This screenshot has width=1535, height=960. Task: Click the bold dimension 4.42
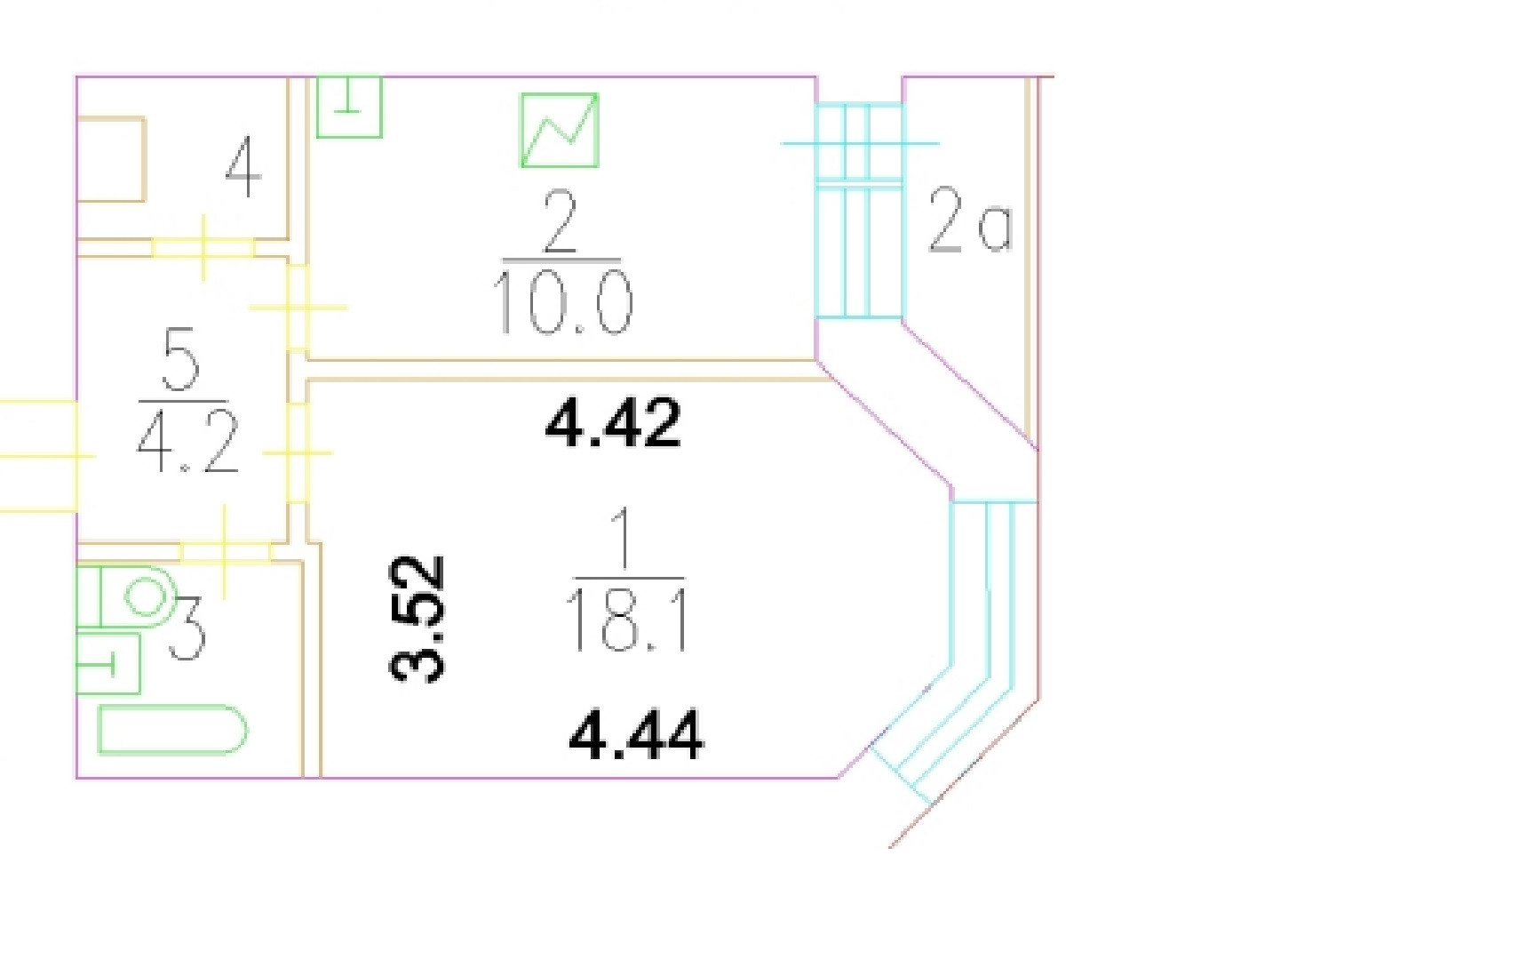pyautogui.click(x=613, y=423)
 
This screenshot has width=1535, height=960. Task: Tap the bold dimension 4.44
pyautogui.click(x=636, y=734)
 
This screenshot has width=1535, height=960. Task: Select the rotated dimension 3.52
pyautogui.click(x=418, y=619)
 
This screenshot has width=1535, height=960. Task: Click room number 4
pyautogui.click(x=243, y=169)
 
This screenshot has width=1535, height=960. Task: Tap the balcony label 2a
pyautogui.click(x=969, y=220)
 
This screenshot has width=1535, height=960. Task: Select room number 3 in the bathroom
pyautogui.click(x=187, y=628)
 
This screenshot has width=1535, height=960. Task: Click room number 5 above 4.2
pyautogui.click(x=181, y=358)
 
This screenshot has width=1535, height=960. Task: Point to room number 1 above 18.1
pyautogui.click(x=624, y=538)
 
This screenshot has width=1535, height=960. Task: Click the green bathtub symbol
pyautogui.click(x=171, y=730)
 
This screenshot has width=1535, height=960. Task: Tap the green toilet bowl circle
pyautogui.click(x=145, y=596)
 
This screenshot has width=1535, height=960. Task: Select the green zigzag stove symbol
pyautogui.click(x=560, y=131)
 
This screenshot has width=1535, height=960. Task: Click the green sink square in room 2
pyautogui.click(x=349, y=107)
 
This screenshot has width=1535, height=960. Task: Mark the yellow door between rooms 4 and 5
pyautogui.click(x=203, y=247)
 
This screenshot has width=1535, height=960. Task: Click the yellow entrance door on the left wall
pyautogui.click(x=40, y=455)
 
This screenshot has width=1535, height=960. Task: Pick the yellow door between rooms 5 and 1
pyautogui.click(x=298, y=452)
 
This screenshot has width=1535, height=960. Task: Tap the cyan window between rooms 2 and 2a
pyautogui.click(x=859, y=211)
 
